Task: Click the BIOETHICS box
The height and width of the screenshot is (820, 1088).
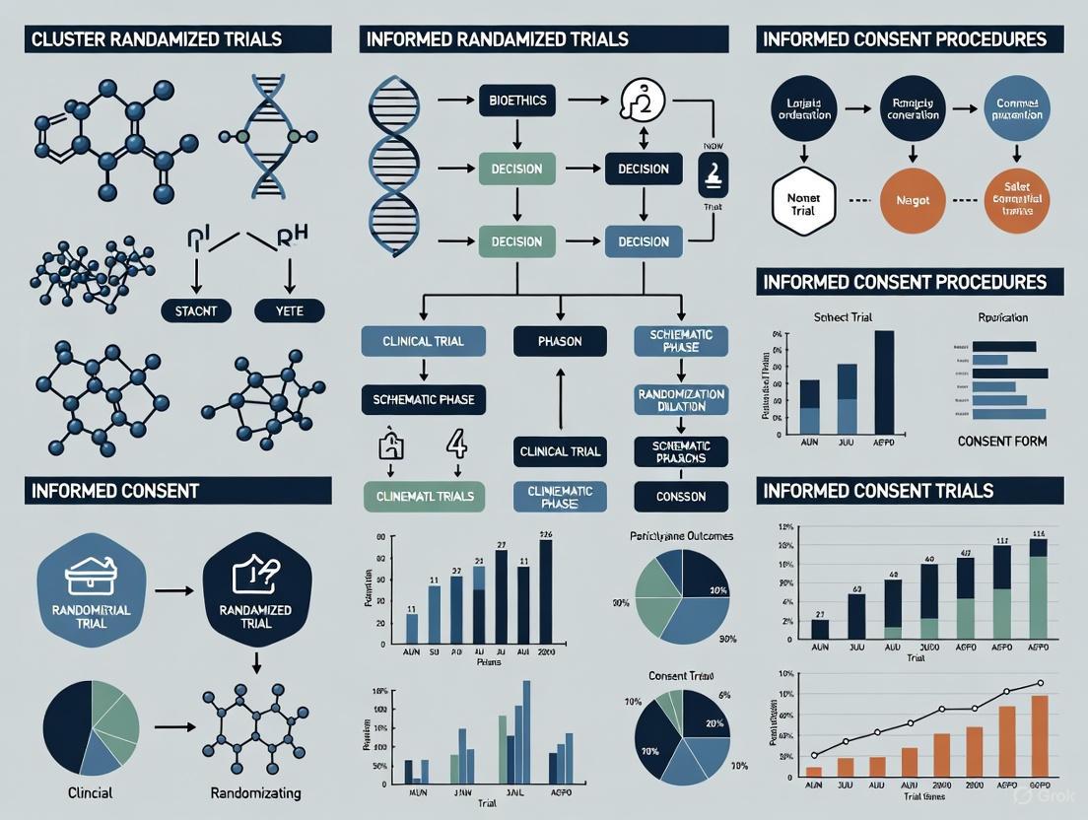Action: tap(517, 100)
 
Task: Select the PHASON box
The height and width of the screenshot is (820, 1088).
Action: tap(560, 341)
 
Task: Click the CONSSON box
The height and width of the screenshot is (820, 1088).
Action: tap(681, 497)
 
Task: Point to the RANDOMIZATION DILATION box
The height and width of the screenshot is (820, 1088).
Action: tap(681, 399)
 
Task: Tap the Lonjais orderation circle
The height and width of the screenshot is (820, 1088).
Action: tap(804, 108)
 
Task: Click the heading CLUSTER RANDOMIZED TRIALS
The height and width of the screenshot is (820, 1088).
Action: tap(157, 39)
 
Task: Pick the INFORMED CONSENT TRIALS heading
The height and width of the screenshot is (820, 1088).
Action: tap(875, 491)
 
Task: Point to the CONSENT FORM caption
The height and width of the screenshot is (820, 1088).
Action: tap(1002, 441)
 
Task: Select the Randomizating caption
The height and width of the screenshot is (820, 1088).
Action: tap(255, 792)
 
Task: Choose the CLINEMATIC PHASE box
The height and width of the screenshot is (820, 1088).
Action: tap(560, 497)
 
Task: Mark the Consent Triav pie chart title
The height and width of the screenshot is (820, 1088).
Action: tap(681, 676)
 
